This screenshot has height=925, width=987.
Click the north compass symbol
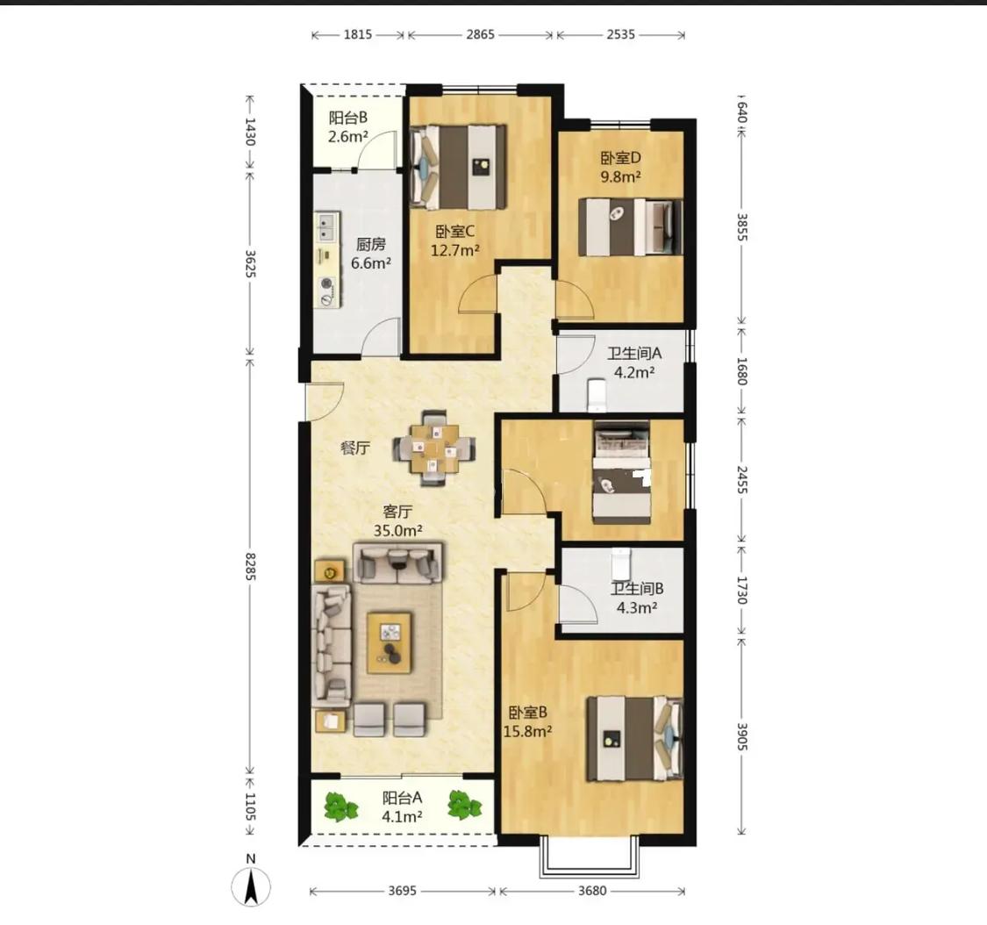[x=251, y=886]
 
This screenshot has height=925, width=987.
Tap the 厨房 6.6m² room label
[x=371, y=253]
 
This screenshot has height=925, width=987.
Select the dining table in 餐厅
[x=433, y=448]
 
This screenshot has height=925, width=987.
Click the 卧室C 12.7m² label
[x=455, y=241]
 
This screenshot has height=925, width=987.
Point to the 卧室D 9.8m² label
[x=620, y=167]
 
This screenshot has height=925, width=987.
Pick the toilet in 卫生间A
[x=596, y=394]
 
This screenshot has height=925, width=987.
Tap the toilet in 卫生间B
[x=620, y=563]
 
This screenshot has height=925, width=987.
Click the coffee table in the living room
[x=390, y=642]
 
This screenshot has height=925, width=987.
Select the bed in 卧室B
[x=635, y=738]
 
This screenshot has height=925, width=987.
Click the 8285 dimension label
[x=251, y=566]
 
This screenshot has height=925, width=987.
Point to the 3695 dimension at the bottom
[x=402, y=891]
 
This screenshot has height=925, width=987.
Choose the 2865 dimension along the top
[x=480, y=34]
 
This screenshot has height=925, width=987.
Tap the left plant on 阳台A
[x=340, y=807]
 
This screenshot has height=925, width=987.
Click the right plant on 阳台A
[x=464, y=805]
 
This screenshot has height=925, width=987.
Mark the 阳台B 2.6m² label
[x=348, y=126]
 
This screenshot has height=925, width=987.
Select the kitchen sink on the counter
[x=326, y=227]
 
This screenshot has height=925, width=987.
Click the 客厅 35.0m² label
[x=397, y=520]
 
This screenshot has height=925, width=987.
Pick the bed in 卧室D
[x=630, y=226]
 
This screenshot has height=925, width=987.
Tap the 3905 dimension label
[x=741, y=736]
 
